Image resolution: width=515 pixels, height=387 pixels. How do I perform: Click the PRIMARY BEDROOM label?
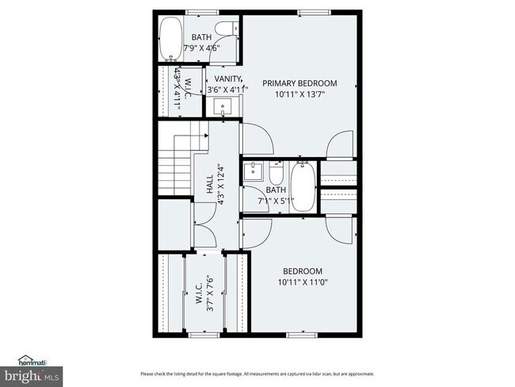point(299,83)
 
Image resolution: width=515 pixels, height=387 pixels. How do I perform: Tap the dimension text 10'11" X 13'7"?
point(299,94)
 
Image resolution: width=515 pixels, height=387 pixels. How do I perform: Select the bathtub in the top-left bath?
point(170,40)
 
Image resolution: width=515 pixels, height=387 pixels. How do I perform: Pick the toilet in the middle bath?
point(276,172)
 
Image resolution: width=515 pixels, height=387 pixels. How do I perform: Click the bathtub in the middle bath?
point(303,186)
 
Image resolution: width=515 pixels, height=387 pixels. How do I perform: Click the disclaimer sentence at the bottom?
point(257,374)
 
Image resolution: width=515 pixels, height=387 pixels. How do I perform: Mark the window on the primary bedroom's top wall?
point(308,11)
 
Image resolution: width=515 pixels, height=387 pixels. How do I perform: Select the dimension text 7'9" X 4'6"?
point(200,48)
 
